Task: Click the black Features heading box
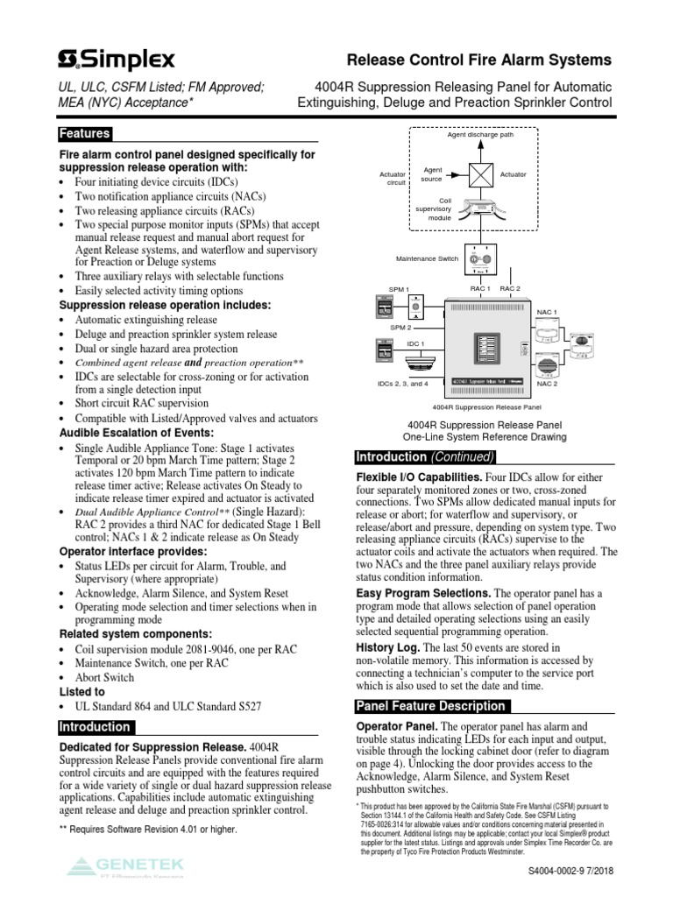(85, 134)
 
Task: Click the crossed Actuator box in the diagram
(480, 174)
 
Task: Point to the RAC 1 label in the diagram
(479, 288)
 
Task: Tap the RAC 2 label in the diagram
(510, 288)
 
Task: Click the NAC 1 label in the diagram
(547, 311)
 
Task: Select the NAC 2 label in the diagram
(547, 384)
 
